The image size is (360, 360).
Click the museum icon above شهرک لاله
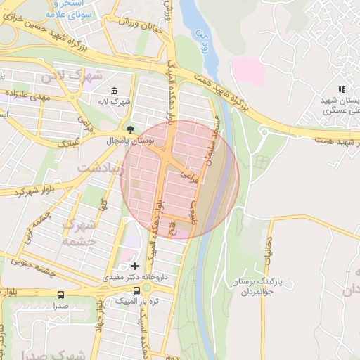pyautogui.click(x=114, y=91)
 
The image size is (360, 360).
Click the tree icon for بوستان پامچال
pyautogui.click(x=130, y=129)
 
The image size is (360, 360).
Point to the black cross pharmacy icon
pyautogui.click(x=134, y=266)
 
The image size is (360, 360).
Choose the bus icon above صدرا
pyautogui.click(x=60, y=295)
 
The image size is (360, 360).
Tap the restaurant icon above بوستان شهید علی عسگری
pyautogui.click(x=342, y=89)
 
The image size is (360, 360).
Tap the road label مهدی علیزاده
pyautogui.click(x=27, y=95)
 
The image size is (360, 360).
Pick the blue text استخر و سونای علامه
pyautogui.click(x=52, y=8)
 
